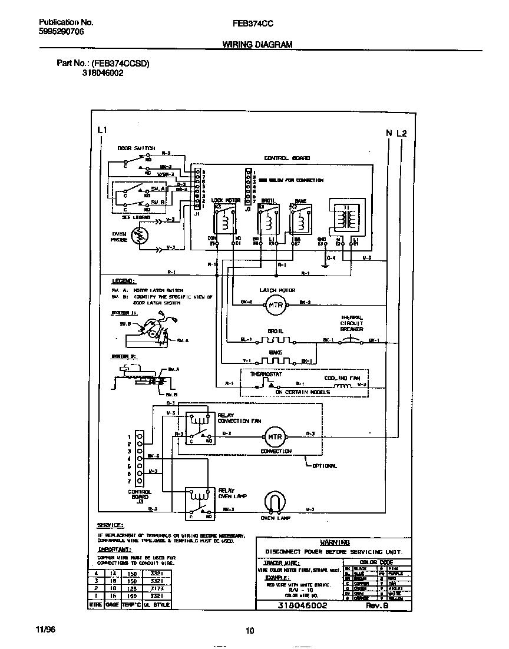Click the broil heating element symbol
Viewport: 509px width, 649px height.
(276, 341)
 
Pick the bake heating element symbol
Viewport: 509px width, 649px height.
(276, 361)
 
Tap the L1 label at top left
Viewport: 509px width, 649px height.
(101, 130)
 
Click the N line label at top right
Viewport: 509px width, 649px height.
(389, 133)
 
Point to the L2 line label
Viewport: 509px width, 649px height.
(402, 133)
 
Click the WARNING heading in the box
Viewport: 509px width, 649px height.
(335, 542)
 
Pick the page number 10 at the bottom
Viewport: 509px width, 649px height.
(250, 631)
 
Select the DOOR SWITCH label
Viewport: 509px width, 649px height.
(135, 148)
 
